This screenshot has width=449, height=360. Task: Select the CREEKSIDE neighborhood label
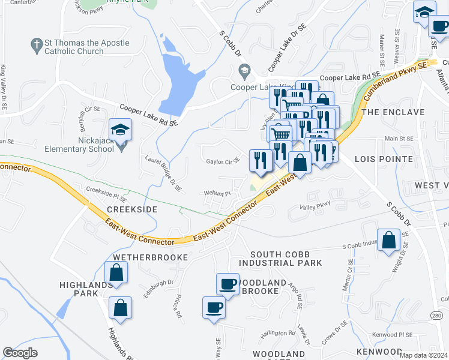coord(132,209)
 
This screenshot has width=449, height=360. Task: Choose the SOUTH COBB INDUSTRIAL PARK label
coord(280,259)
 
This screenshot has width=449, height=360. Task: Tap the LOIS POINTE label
coord(384,159)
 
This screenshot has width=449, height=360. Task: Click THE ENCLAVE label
coord(393,112)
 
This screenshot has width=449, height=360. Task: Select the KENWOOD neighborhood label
coord(379,351)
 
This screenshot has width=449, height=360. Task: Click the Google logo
coord(20,353)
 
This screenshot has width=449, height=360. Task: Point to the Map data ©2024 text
coord(424,355)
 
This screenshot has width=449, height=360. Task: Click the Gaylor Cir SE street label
coord(223,161)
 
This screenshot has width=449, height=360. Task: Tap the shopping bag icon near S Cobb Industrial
coord(389,239)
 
